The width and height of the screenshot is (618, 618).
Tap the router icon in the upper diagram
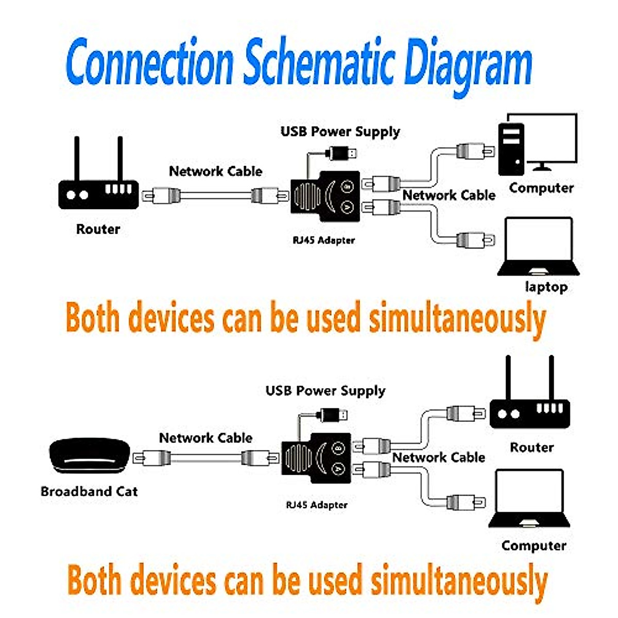(x=98, y=191)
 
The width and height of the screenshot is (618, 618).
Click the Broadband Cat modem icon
(x=89, y=456)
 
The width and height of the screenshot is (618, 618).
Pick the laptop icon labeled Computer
(x=529, y=500)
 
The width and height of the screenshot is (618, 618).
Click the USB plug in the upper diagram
(x=342, y=153)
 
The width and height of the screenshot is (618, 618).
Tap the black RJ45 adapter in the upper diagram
(x=324, y=196)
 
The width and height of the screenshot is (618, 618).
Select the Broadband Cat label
(x=89, y=491)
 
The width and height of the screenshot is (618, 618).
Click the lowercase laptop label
(x=546, y=286)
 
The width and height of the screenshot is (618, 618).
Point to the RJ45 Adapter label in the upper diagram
(x=323, y=240)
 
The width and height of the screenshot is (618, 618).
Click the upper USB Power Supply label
(x=340, y=132)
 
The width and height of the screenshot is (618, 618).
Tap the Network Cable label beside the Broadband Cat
(x=205, y=438)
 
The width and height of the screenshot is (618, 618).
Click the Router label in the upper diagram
(x=98, y=229)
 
